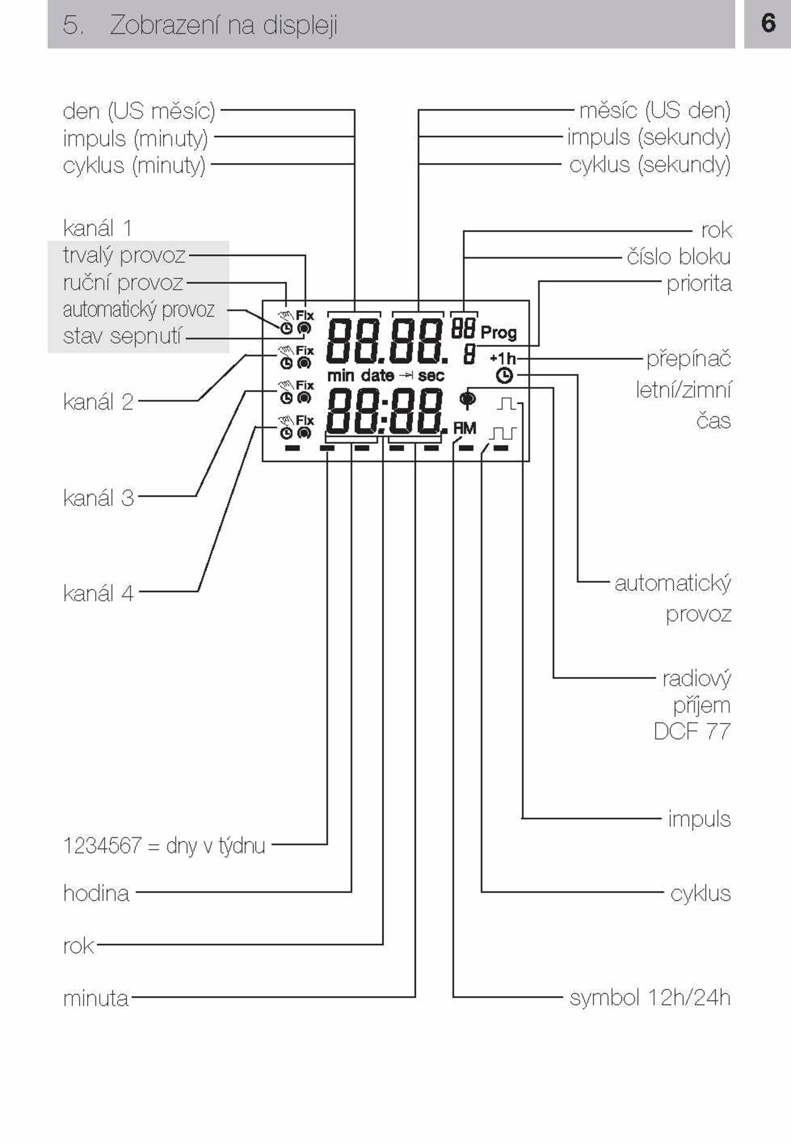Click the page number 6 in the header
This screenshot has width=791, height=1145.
[768, 23]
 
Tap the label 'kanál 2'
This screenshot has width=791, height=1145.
[98, 401]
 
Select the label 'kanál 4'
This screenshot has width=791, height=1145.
[98, 593]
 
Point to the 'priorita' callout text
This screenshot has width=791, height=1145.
[699, 284]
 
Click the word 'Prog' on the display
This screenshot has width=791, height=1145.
[498, 333]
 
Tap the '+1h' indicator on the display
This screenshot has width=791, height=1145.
[503, 357]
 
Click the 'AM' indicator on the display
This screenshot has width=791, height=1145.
[464, 428]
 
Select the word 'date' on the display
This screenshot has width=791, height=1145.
[378, 376]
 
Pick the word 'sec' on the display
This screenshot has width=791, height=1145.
[431, 376]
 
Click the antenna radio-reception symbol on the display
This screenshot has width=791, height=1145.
[467, 399]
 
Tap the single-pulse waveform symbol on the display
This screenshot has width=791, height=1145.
[506, 403]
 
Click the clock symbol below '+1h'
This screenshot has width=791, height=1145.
[504, 376]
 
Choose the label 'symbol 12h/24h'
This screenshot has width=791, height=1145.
[650, 997]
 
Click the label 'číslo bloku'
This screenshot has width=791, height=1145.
[678, 257]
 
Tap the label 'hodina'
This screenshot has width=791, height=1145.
[96, 893]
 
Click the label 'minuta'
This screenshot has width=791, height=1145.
[96, 998]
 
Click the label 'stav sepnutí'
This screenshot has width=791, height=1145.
[122, 336]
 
